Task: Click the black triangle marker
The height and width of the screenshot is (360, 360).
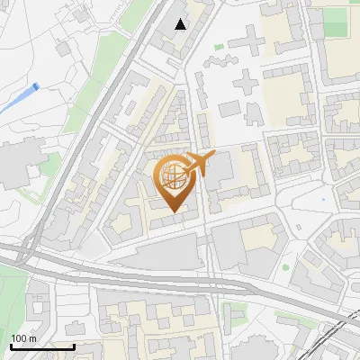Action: tap(181, 24)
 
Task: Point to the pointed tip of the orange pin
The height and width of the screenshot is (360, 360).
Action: tap(173, 212)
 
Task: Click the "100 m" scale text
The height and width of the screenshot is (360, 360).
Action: tap(23, 338)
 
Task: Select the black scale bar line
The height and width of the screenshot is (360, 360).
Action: tap(42, 346)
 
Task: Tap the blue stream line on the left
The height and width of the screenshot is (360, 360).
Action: tap(18, 99)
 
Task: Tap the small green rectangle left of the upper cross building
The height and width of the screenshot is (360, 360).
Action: tap(218, 47)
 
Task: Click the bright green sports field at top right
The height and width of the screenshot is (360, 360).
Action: tap(336, 22)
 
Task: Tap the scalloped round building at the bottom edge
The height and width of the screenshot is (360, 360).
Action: tap(256, 349)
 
